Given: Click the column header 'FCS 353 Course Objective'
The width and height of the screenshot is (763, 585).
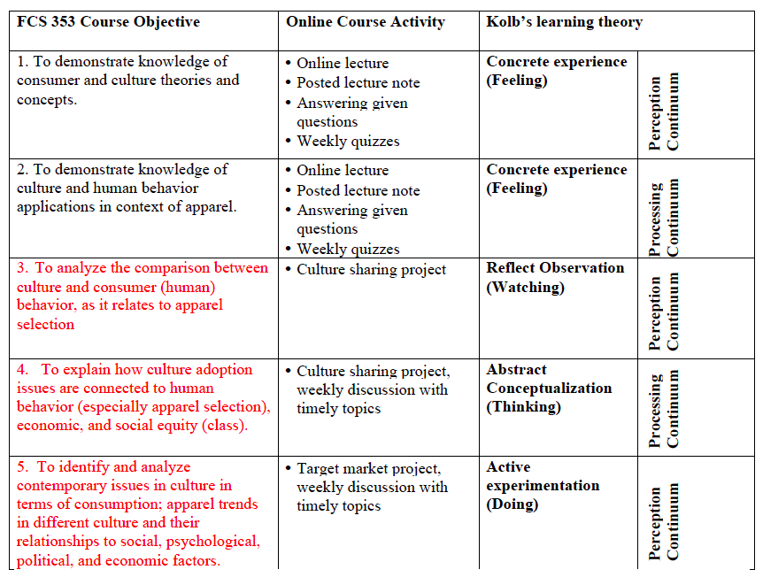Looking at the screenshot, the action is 108,22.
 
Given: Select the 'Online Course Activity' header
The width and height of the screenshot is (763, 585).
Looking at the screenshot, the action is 365,22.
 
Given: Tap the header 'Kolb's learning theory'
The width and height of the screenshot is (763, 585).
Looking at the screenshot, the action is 564,22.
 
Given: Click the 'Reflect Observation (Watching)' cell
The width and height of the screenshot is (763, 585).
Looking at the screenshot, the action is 555,277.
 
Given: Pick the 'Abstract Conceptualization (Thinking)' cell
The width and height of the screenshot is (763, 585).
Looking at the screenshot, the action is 549,388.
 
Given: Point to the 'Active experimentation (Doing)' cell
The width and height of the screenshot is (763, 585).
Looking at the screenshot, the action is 543,485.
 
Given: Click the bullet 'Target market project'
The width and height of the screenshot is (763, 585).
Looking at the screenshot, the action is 368,468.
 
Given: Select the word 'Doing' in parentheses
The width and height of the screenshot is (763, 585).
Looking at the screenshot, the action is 513,504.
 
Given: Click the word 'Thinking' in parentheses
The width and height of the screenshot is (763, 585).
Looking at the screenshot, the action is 524,407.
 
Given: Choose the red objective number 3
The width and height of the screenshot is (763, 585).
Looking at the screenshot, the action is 23,267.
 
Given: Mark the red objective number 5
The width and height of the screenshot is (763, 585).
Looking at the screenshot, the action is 23,466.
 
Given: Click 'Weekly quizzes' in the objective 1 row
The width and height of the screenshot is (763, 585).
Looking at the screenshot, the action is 348,141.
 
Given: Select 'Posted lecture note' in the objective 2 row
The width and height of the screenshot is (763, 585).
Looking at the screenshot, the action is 358,190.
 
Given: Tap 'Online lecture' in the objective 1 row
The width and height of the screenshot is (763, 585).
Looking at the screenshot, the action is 343,63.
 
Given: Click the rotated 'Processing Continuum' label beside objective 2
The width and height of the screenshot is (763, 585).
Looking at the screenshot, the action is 664,217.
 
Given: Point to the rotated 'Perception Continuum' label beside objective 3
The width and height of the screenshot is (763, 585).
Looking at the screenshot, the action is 664,312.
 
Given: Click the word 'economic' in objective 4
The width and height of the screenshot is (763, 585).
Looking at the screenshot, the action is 44,426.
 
